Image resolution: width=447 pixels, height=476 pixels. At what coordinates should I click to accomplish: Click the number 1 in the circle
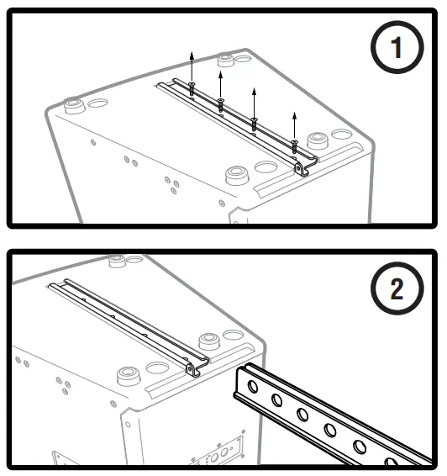point(397,47)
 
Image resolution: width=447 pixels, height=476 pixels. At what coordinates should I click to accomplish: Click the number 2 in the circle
point(397,288)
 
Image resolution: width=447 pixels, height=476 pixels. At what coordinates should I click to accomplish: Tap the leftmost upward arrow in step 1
point(192,66)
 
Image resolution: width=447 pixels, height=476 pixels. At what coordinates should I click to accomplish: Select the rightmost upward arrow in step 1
point(294,126)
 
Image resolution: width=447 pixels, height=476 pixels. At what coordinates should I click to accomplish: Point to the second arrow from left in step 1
point(220,85)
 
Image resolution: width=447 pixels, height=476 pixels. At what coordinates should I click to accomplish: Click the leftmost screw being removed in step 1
point(192,88)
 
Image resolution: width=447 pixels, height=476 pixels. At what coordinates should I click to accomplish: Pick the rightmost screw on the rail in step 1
point(294,146)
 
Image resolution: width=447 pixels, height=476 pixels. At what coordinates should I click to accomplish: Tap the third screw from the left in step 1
point(254,124)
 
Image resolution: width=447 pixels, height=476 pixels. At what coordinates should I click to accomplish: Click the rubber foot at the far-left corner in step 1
point(73,105)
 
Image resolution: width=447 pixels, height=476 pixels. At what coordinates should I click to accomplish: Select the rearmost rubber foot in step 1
point(226,60)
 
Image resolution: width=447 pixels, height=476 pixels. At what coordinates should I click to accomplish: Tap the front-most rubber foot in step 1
point(237,175)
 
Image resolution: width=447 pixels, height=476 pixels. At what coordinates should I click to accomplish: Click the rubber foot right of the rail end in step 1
point(318,140)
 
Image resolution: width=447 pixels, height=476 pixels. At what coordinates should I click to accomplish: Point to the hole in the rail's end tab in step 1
point(299,168)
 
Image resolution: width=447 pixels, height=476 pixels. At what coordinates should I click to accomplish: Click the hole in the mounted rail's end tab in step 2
point(190,369)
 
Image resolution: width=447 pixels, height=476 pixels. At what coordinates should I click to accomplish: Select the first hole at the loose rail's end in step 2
point(252,387)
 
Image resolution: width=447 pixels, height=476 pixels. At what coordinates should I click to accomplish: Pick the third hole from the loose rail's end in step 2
point(302,414)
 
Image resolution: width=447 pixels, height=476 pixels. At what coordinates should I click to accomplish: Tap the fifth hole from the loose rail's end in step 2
point(360,447)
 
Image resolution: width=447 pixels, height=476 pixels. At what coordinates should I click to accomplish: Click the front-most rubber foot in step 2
point(129,376)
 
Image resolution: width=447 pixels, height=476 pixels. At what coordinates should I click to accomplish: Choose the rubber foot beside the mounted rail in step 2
point(209,341)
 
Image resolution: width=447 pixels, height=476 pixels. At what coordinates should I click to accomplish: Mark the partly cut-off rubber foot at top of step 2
point(117,262)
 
